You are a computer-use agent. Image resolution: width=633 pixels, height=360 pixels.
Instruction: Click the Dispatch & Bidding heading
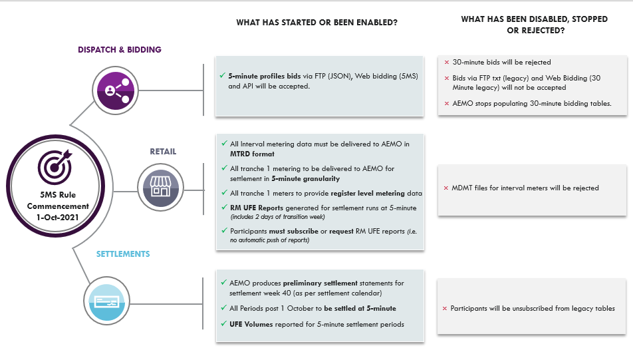(x=120, y=50)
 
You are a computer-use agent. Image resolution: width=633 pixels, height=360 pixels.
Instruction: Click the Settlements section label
(x=122, y=254)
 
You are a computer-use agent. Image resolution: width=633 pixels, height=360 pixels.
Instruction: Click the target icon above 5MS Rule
(x=55, y=166)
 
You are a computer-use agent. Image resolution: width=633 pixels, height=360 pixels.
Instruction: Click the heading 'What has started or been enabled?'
(x=316, y=23)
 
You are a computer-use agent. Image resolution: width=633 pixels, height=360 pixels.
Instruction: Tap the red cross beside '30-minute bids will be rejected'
(x=446, y=63)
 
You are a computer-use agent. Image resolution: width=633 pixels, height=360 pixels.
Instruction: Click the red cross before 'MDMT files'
(x=446, y=188)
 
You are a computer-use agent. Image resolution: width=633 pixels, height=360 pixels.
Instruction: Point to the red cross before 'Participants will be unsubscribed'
(x=445, y=309)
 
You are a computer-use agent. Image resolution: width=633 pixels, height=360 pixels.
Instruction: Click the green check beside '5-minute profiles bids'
(x=222, y=75)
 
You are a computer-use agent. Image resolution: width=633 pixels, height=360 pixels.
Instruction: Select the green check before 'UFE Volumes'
(x=223, y=323)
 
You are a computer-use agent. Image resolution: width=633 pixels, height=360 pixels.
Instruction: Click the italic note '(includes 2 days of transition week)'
(x=277, y=217)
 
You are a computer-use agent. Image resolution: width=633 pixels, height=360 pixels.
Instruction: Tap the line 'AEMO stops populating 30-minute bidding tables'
(x=531, y=103)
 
